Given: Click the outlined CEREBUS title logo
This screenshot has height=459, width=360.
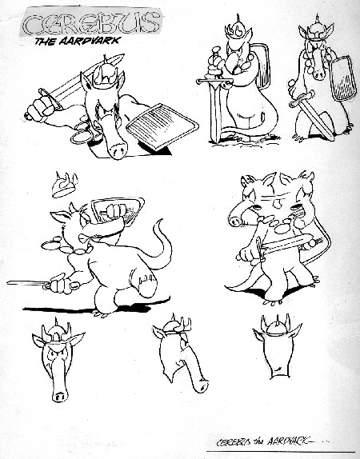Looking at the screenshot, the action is [x=91, y=22].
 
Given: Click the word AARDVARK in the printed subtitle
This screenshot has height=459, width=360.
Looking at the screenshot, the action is [x=90, y=41].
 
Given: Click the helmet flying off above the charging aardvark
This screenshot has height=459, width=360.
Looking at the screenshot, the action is [x=65, y=185].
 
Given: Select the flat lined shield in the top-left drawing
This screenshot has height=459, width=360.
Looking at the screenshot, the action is [x=162, y=126].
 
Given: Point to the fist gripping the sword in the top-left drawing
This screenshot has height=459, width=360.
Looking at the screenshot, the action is [x=43, y=106].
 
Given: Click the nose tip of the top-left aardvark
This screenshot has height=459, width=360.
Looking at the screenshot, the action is [x=118, y=151].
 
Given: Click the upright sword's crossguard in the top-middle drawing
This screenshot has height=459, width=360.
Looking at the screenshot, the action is [x=214, y=81].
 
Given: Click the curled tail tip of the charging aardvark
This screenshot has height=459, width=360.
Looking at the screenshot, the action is [x=159, y=223].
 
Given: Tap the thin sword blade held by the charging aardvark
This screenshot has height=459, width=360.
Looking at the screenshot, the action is [x=27, y=283].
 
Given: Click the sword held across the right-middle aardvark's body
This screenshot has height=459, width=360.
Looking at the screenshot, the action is [x=282, y=245].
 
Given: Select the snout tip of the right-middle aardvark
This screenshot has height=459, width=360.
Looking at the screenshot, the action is [x=234, y=221].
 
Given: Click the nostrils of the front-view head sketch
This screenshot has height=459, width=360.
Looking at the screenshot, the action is [x=60, y=397].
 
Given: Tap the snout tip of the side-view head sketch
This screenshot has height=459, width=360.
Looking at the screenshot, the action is [x=202, y=387].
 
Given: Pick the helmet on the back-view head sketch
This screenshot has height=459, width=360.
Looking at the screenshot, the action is [x=276, y=327].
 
